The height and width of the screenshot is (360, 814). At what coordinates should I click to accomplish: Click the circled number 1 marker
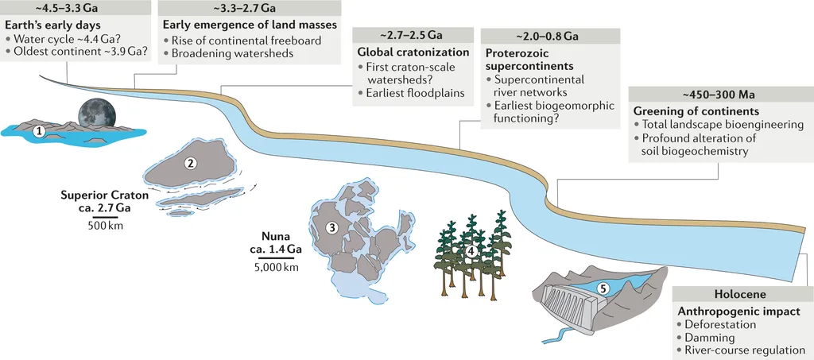[x=37, y=132]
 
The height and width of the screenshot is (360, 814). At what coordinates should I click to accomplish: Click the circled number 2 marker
[x=190, y=164]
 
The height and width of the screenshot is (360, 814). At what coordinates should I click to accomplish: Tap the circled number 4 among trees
[x=471, y=252]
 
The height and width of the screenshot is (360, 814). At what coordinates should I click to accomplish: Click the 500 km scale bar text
[x=105, y=225]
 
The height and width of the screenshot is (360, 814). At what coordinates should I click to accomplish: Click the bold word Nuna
[x=275, y=236]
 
